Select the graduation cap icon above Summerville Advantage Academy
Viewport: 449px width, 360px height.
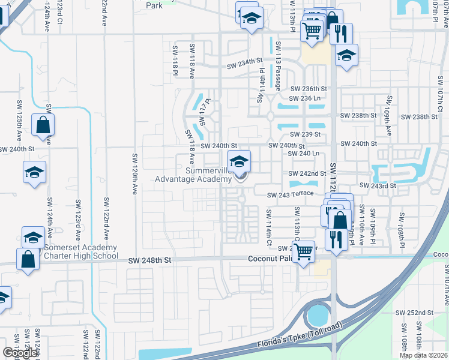click(x=239, y=161)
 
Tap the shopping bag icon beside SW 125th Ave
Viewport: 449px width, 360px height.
click(x=43, y=125)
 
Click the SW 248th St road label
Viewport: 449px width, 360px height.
click(x=150, y=260)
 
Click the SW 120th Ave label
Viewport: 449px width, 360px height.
click(x=134, y=175)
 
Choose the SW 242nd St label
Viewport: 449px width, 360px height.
click(x=305, y=173)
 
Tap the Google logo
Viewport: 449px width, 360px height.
click(x=19, y=353)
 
